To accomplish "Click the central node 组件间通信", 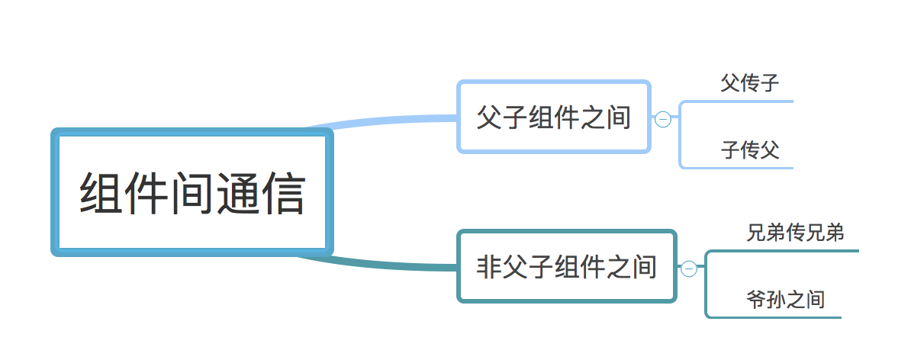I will click(x=192, y=193).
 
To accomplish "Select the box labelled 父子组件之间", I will click(x=553, y=117).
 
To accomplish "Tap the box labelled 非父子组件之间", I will click(x=566, y=266).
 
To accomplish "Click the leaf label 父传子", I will click(x=750, y=83).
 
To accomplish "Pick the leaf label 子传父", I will click(x=750, y=150).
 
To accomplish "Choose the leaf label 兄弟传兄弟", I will click(x=795, y=233).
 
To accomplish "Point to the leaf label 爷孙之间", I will click(x=785, y=299).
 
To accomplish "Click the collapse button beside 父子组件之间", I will click(x=663, y=119).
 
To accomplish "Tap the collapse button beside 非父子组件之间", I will click(x=688, y=268).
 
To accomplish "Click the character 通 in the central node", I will click(x=237, y=194).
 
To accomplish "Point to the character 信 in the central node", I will click(x=282, y=194).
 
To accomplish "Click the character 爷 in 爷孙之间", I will click(x=756, y=299).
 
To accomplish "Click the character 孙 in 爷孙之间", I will click(x=776, y=299).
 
